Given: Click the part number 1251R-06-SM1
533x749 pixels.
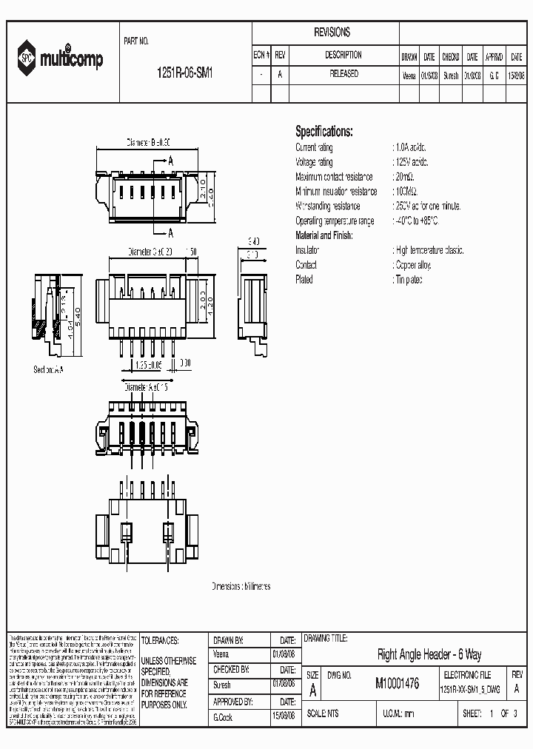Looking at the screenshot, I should [x=185, y=74].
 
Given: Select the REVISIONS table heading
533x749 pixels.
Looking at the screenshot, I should [x=332, y=33].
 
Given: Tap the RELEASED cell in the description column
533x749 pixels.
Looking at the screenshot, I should [x=343, y=74].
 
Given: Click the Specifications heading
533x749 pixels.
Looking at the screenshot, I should [x=324, y=132].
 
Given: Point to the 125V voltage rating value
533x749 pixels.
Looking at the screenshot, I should [x=411, y=162].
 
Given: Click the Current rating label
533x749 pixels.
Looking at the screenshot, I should [x=314, y=147].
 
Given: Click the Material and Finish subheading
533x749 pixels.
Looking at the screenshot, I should [x=324, y=235].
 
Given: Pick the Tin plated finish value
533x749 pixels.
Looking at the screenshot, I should [x=409, y=280].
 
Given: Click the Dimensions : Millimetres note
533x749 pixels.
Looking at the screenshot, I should [x=241, y=586].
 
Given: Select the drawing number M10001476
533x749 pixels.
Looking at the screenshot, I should [x=397, y=685].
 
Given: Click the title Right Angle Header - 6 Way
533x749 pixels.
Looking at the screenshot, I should [x=429, y=654].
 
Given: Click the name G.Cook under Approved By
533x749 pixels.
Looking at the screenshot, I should [x=223, y=717].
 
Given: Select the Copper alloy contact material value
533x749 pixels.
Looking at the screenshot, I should [x=413, y=265].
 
